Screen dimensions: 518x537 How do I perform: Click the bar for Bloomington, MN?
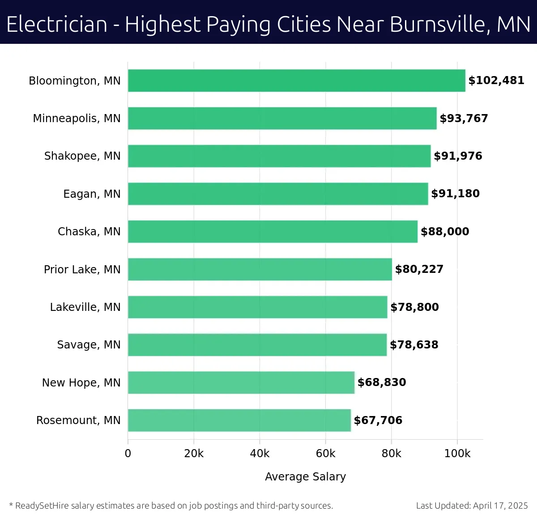pyautogui.click(x=296, y=81)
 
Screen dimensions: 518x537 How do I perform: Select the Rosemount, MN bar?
pyautogui.click(x=239, y=420)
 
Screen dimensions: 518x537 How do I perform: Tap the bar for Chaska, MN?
pyautogui.click(x=273, y=231)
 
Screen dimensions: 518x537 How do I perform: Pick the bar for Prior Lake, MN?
pyautogui.click(x=260, y=269)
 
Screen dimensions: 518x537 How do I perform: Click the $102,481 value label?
pyautogui.click(x=496, y=81)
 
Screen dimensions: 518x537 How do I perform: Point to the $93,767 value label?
pyautogui.click(x=464, y=119)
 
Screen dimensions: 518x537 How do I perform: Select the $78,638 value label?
pyautogui.click(x=414, y=345)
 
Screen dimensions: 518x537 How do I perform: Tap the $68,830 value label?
pyautogui.click(x=382, y=382)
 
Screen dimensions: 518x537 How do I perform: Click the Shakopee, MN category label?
pyautogui.click(x=82, y=156)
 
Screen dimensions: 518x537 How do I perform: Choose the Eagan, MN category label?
pyautogui.click(x=92, y=194)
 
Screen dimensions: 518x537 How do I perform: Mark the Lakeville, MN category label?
pyautogui.click(x=85, y=307)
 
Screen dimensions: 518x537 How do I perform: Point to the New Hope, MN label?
pyautogui.click(x=81, y=383)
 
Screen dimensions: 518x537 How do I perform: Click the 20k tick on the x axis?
pyautogui.click(x=194, y=454)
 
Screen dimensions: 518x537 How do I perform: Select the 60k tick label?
pyautogui.click(x=325, y=454)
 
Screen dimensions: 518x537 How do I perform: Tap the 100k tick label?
pyautogui.click(x=457, y=454)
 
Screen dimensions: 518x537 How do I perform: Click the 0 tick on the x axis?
pyautogui.click(x=128, y=454)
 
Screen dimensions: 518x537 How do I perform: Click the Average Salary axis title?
pyautogui.click(x=305, y=477)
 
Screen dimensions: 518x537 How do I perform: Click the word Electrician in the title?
pyautogui.click(x=57, y=24)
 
